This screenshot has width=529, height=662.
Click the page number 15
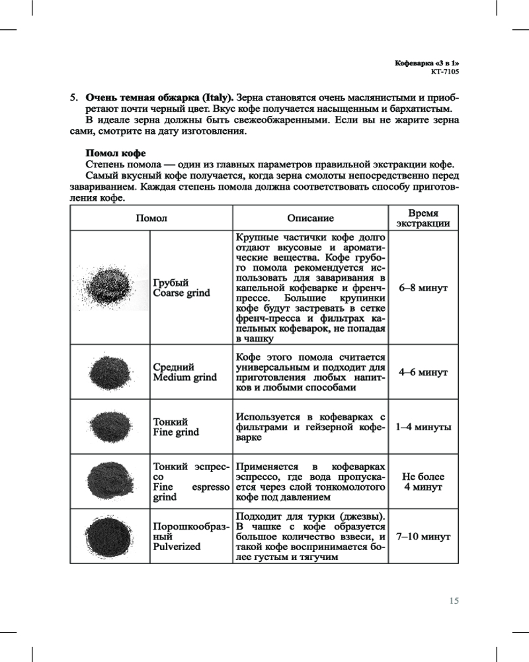pos(454,601)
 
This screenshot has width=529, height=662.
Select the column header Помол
pos(151,218)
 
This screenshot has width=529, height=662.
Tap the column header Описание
pos(310,218)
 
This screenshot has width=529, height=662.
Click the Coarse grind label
pos(181,293)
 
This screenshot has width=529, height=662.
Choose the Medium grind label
pos(184,377)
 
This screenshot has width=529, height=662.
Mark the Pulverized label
pos(177,547)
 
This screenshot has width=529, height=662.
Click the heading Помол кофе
pos(116,153)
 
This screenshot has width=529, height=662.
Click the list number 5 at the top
pos(74,97)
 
